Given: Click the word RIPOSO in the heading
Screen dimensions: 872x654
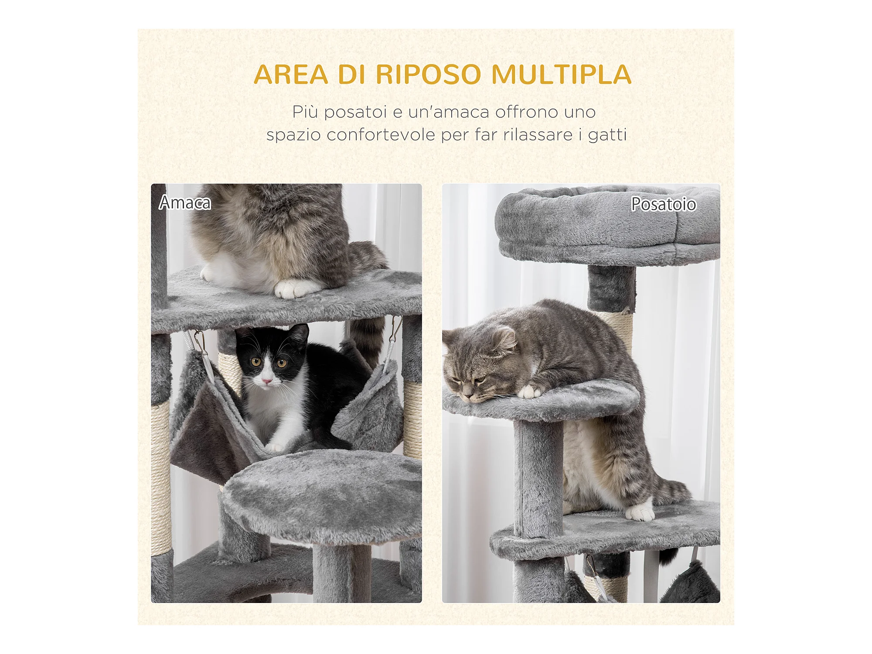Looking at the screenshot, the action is pos(428,75).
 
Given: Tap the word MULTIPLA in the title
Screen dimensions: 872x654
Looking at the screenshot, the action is pos(561,75).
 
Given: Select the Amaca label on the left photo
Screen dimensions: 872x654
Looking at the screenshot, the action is pos(185,203).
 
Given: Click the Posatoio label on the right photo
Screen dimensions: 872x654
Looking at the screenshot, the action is pos(664,204).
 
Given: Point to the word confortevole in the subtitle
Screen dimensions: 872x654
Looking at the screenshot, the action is pos(381,134).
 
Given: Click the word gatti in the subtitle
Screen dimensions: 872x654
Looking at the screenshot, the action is pos(607,135).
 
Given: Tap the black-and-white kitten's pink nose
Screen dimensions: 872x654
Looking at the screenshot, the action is pos(266,381).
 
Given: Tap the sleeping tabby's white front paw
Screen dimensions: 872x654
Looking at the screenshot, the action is pos(530,392).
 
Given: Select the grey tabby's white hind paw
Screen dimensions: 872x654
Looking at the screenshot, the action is pos(640,511).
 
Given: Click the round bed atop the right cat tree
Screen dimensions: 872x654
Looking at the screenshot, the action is pos(607,225).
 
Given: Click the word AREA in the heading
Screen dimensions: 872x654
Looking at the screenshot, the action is pos(291,75).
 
